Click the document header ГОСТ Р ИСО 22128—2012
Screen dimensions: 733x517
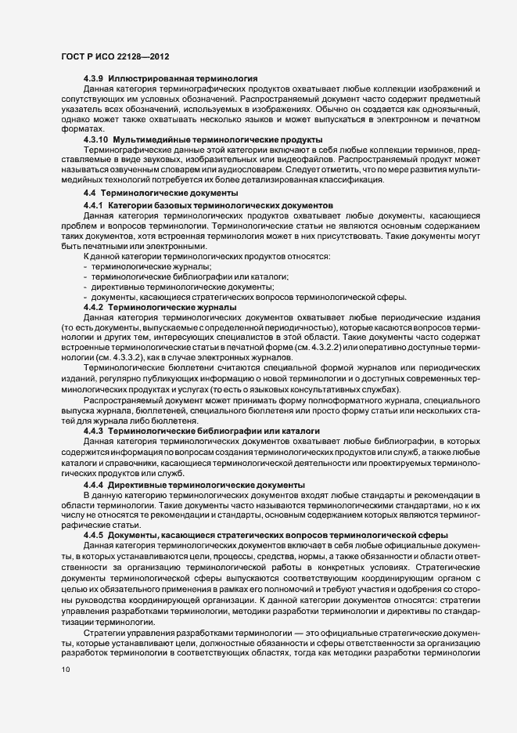coord(114,58)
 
